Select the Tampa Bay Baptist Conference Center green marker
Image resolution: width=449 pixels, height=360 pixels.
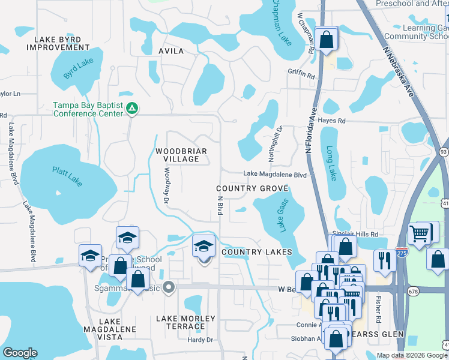(131, 109)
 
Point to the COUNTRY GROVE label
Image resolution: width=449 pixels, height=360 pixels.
(252, 188)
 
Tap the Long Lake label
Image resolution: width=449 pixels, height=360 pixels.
(331, 164)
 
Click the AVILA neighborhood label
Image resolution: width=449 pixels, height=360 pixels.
(171, 51)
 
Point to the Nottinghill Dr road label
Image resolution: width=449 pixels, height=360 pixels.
(279, 139)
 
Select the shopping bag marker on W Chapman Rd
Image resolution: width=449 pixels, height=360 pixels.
(327, 40)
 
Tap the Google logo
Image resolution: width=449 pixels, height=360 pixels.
(20, 353)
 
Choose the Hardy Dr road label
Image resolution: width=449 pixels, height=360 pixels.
(200, 340)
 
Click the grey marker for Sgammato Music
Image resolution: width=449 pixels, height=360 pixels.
(169, 287)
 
